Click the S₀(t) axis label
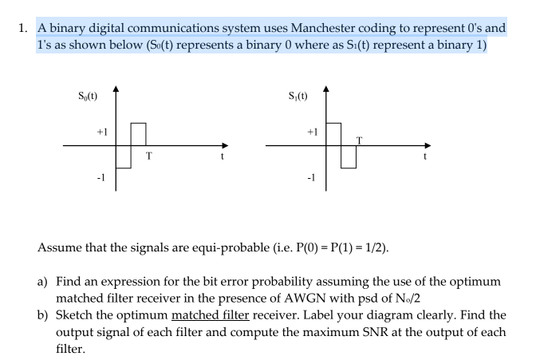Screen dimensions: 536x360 [88, 96]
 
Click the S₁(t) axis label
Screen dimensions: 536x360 [298, 96]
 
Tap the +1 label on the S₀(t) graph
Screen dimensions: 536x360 [102, 132]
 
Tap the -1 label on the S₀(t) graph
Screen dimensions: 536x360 [100, 177]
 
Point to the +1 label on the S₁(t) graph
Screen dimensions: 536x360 [313, 132]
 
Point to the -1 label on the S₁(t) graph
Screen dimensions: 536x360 [311, 177]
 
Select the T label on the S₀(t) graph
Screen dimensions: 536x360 [149, 156]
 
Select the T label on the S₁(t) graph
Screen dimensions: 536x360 [359, 140]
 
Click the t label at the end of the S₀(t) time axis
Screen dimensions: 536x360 [223, 156]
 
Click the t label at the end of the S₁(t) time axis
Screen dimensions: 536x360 [425, 156]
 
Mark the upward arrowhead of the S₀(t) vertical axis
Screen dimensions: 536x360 [116, 89]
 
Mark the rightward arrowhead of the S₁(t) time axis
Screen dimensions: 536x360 [428, 146]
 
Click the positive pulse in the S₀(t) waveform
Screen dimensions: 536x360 [139, 123]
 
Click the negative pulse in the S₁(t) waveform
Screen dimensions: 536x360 [349, 168]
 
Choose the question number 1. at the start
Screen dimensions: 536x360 [23, 28]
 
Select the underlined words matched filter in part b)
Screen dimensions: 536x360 [211, 315]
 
